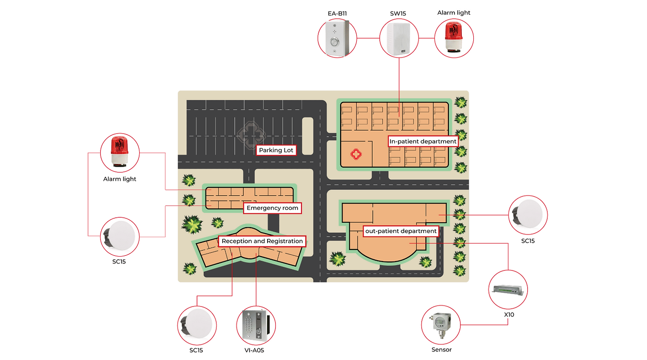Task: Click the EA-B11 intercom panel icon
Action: point(337,38)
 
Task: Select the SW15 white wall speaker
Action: point(399,38)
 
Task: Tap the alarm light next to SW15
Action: point(453,38)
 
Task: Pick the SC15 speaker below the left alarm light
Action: point(120,236)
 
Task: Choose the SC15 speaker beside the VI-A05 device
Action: point(197,325)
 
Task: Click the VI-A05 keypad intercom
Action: point(256,325)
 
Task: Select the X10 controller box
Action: point(509,290)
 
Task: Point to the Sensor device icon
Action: point(441,325)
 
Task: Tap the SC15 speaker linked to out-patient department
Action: point(528,215)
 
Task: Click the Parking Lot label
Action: point(276,150)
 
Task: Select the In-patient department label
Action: point(423,141)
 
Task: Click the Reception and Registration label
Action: point(262,241)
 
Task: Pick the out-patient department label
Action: point(401,231)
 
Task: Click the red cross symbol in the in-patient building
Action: point(357,155)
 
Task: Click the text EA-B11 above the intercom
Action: point(337,13)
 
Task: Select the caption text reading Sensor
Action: point(441,350)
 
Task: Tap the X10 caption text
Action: point(509,315)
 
